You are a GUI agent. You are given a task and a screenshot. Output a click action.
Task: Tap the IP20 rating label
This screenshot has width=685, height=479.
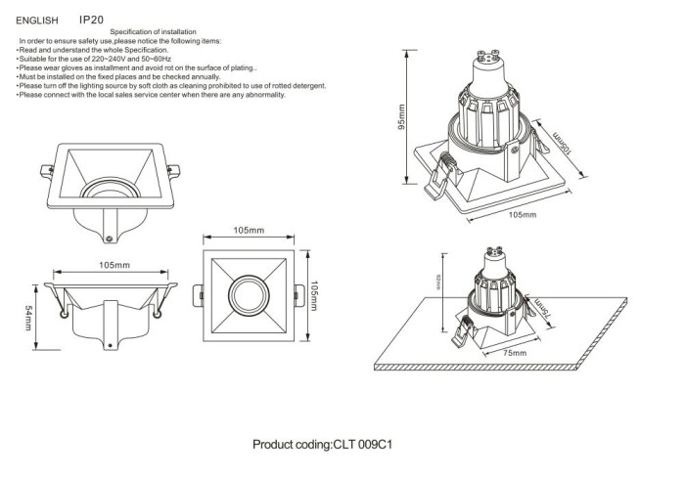pos(91,19)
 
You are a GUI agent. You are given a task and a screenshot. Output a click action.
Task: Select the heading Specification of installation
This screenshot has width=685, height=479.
pos(153,33)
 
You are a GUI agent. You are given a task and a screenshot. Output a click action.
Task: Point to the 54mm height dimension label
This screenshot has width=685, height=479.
pos(30,318)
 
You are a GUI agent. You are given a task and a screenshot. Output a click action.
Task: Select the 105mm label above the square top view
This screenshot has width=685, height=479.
pos(250,231)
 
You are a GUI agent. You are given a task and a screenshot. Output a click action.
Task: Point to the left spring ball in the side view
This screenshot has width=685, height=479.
pos(66,312)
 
